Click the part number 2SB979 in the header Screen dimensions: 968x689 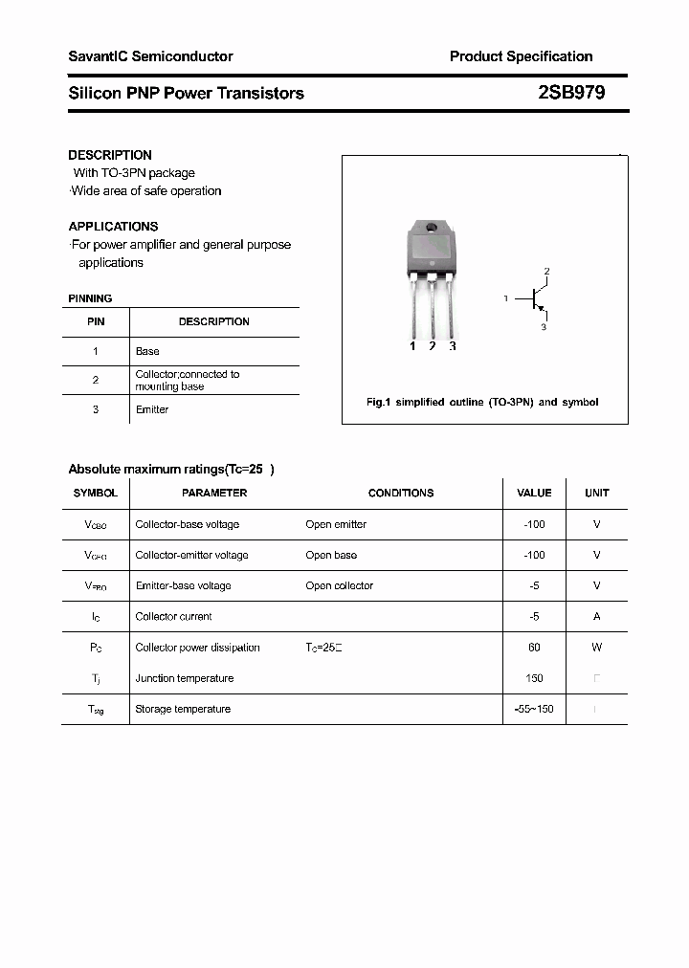[571, 93]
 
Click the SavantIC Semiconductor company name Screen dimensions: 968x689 [150, 56]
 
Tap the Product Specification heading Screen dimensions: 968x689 [521, 56]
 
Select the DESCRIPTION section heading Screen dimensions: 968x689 [110, 155]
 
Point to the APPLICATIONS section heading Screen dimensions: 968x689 [113, 227]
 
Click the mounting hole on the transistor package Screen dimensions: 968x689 [432, 229]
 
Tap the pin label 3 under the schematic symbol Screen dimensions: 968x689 [544, 327]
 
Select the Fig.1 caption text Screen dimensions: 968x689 [482, 403]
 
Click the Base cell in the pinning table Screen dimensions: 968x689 [147, 351]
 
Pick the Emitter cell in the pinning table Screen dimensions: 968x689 [152, 409]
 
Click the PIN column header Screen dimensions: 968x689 [96, 322]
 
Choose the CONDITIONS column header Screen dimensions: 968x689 [401, 494]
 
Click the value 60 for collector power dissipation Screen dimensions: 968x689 [534, 648]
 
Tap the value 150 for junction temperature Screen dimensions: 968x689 [534, 678]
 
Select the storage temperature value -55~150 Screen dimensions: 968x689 [534, 709]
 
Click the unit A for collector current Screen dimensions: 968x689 [596, 617]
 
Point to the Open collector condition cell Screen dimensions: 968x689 [340, 585]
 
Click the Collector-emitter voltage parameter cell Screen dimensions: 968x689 [191, 555]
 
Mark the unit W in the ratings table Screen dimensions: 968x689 [596, 648]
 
